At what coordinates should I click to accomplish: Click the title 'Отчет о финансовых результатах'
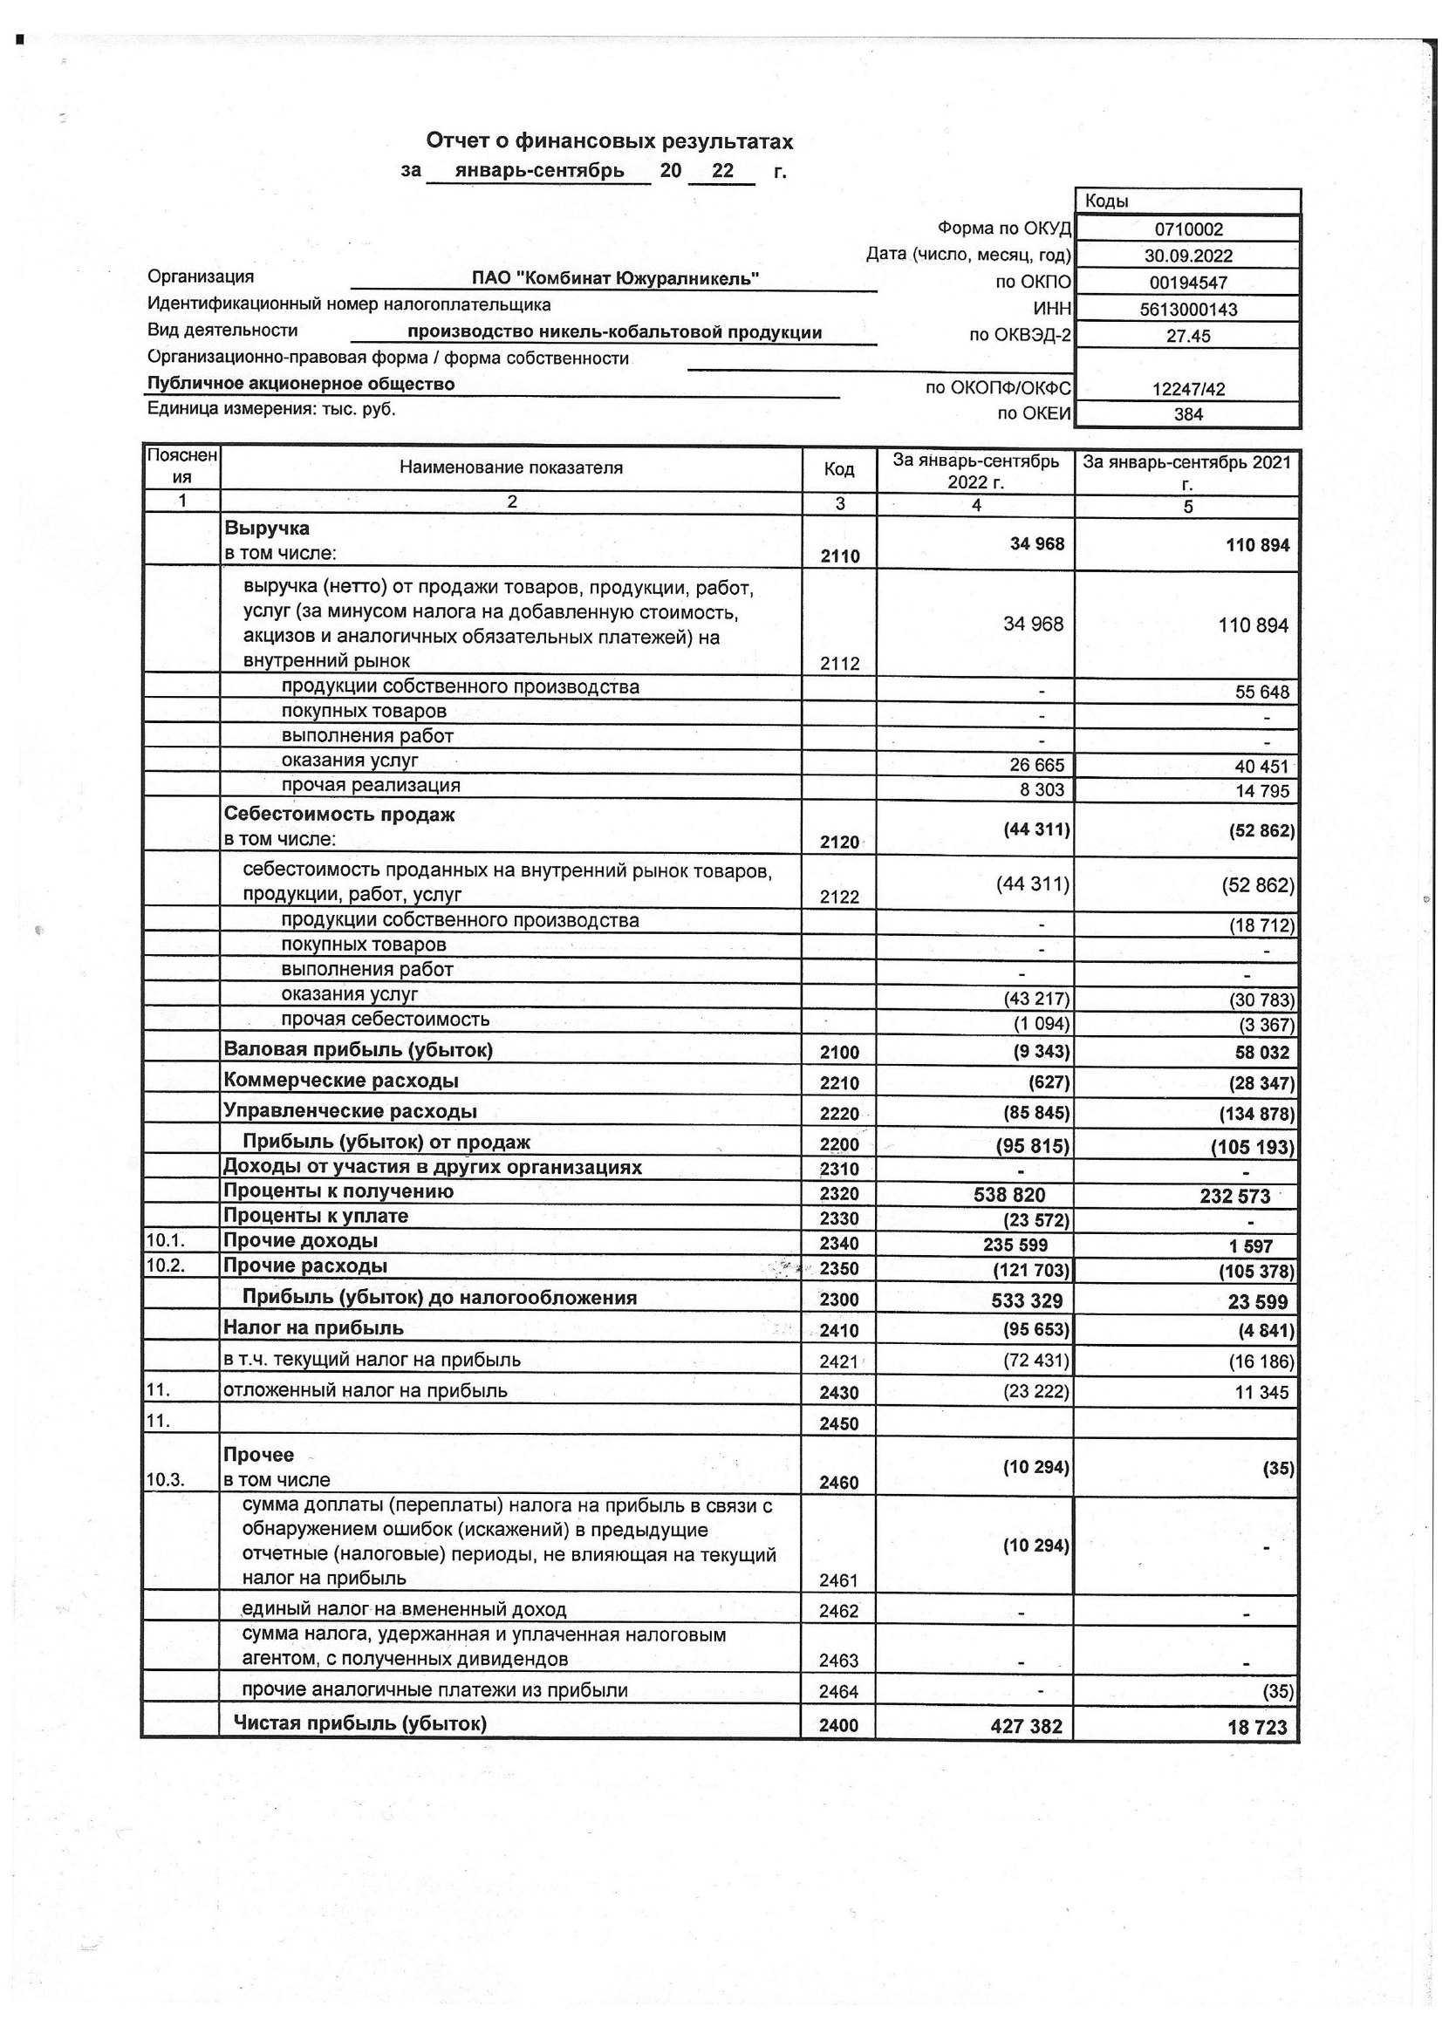point(610,141)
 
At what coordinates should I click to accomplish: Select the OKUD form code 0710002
point(1188,229)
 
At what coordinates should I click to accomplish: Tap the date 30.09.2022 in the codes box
point(1188,256)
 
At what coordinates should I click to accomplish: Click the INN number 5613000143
point(1188,310)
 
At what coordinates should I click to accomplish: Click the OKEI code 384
point(1188,414)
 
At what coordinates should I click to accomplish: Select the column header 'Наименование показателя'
point(511,467)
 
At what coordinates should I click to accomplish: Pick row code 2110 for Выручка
point(839,556)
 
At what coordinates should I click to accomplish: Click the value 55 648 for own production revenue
point(1261,693)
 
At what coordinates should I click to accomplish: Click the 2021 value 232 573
point(1234,1196)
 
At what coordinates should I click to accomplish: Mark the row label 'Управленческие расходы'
point(350,1110)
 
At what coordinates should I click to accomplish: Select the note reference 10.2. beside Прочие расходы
point(166,1266)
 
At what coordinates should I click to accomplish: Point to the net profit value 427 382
point(1027,1726)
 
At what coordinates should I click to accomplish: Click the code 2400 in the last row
point(839,1725)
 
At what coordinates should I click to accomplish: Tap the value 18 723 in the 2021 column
point(1257,1727)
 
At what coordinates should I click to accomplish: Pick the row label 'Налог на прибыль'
point(314,1327)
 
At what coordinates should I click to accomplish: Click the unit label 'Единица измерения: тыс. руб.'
point(271,409)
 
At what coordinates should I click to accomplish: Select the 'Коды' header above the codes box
point(1107,201)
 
